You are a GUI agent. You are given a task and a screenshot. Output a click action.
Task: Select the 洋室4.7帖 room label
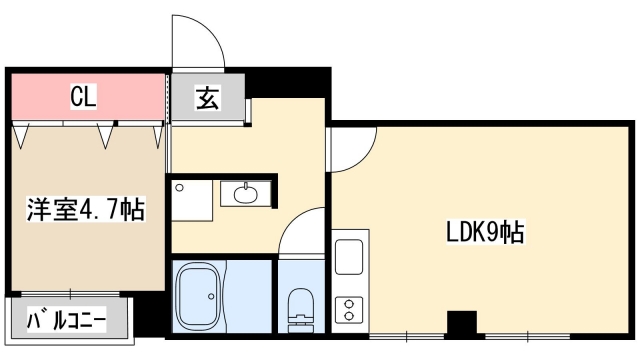(x=85, y=210)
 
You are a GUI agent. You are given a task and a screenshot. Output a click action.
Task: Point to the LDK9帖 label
(x=485, y=233)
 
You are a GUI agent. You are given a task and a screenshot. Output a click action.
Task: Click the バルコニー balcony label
(x=67, y=321)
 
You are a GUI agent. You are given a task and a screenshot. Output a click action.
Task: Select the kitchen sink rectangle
(x=350, y=257)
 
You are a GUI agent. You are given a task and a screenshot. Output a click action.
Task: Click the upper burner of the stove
(x=350, y=300)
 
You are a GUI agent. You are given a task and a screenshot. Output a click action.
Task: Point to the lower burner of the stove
(x=350, y=316)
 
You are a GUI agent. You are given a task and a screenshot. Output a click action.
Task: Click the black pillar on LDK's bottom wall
(x=461, y=323)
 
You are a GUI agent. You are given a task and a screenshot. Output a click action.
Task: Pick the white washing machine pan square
(x=193, y=199)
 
